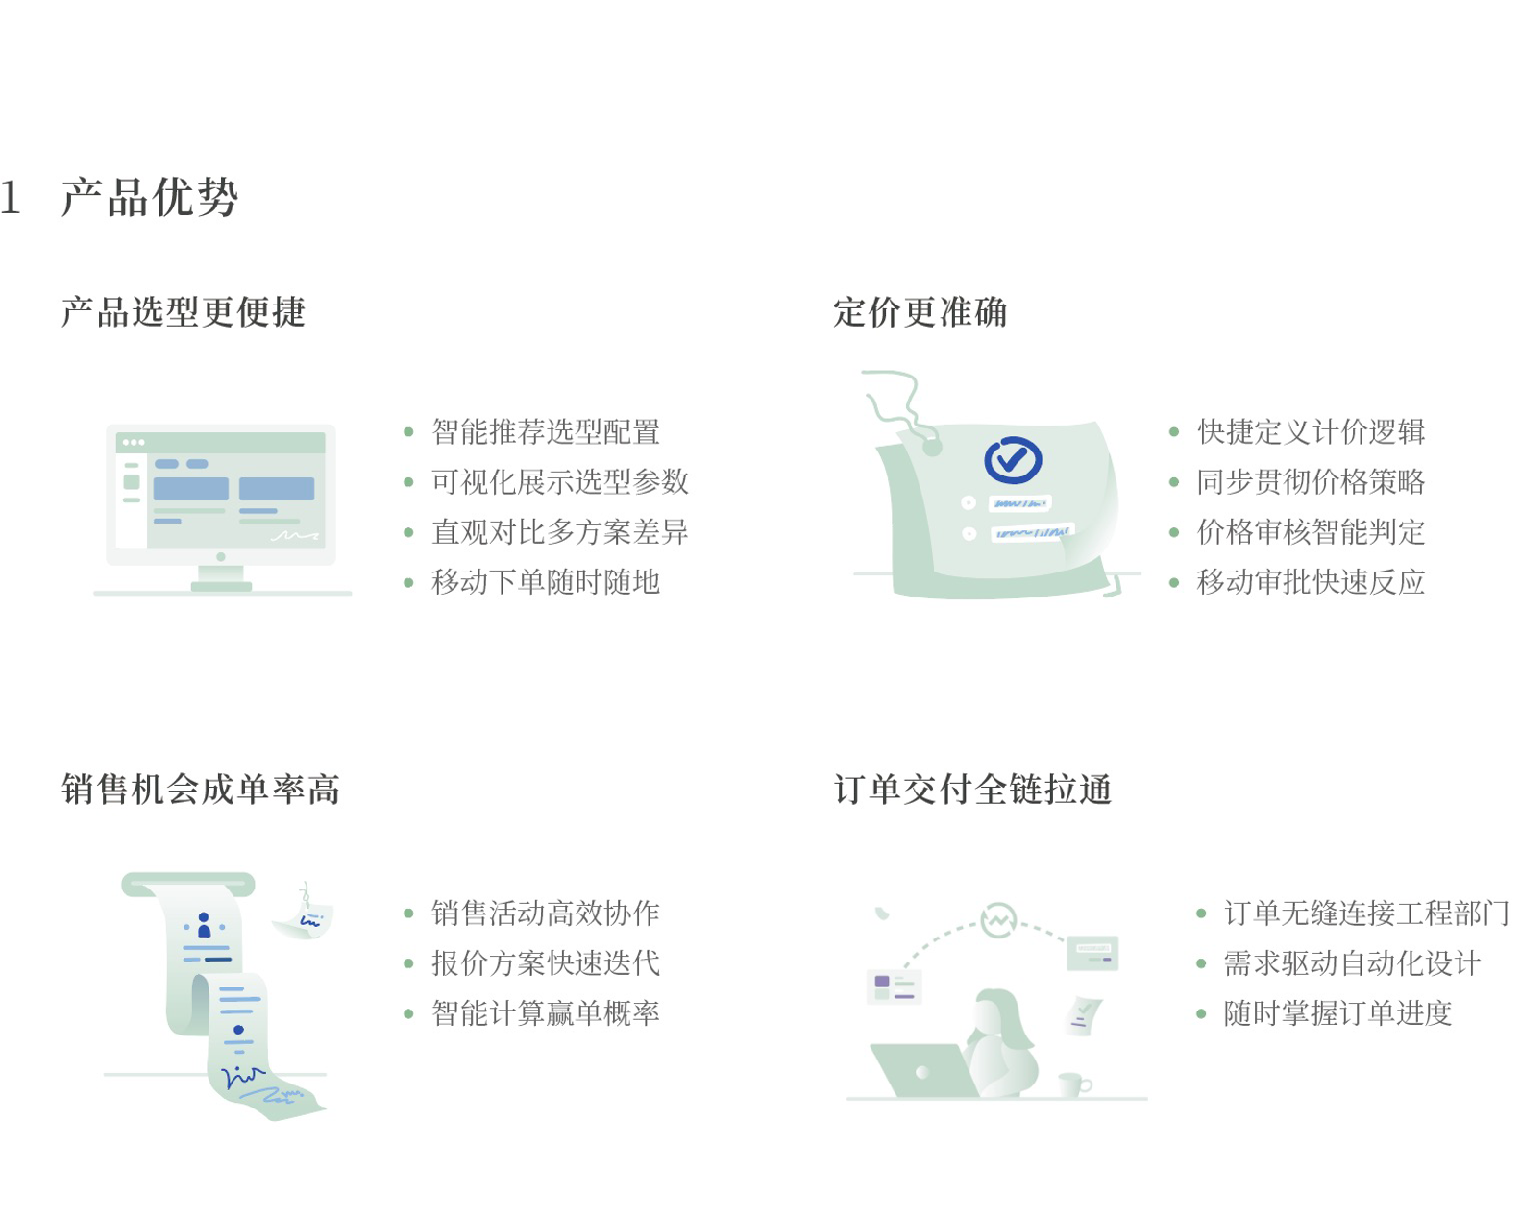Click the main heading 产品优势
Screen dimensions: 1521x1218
point(150,196)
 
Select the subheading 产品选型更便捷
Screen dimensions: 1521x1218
point(184,312)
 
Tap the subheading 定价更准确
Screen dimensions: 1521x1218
point(920,312)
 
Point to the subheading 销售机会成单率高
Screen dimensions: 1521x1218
point(201,790)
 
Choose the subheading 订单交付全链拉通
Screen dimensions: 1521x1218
point(973,790)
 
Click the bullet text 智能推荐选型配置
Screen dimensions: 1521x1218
point(546,431)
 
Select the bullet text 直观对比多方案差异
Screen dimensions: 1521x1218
point(560,532)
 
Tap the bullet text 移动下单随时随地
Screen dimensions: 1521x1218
point(546,582)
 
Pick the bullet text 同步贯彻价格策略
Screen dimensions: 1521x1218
point(1312,482)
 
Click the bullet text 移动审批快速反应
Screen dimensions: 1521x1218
point(1312,582)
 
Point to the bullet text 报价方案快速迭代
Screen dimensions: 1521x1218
point(546,962)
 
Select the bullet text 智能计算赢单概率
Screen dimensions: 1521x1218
point(546,1013)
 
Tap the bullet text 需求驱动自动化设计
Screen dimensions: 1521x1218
point(1352,962)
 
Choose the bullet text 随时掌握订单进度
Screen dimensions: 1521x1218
point(1337,1013)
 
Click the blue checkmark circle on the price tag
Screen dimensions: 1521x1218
point(1013,460)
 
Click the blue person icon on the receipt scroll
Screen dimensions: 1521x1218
point(205,925)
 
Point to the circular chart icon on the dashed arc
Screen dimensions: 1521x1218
point(998,920)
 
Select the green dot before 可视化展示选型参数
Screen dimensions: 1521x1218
point(408,482)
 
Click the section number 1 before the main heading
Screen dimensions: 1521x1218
point(10,197)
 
